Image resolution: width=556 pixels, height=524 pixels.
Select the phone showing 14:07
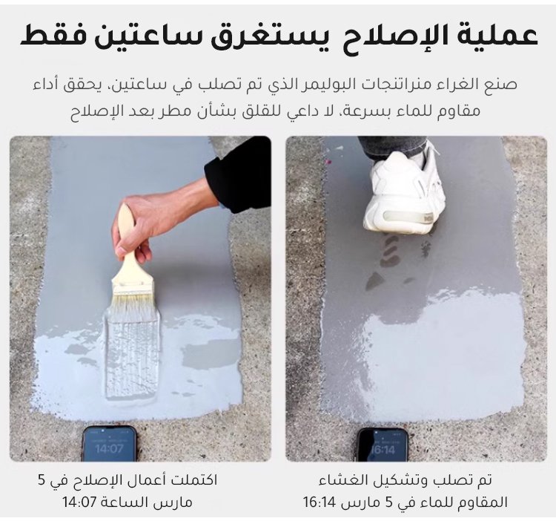pyautogui.click(x=109, y=444)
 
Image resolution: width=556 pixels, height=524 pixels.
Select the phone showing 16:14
pyautogui.click(x=383, y=445)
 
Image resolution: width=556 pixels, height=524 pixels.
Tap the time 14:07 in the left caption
pyautogui.click(x=80, y=502)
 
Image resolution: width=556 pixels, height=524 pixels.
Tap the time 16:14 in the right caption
pyautogui.click(x=319, y=502)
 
